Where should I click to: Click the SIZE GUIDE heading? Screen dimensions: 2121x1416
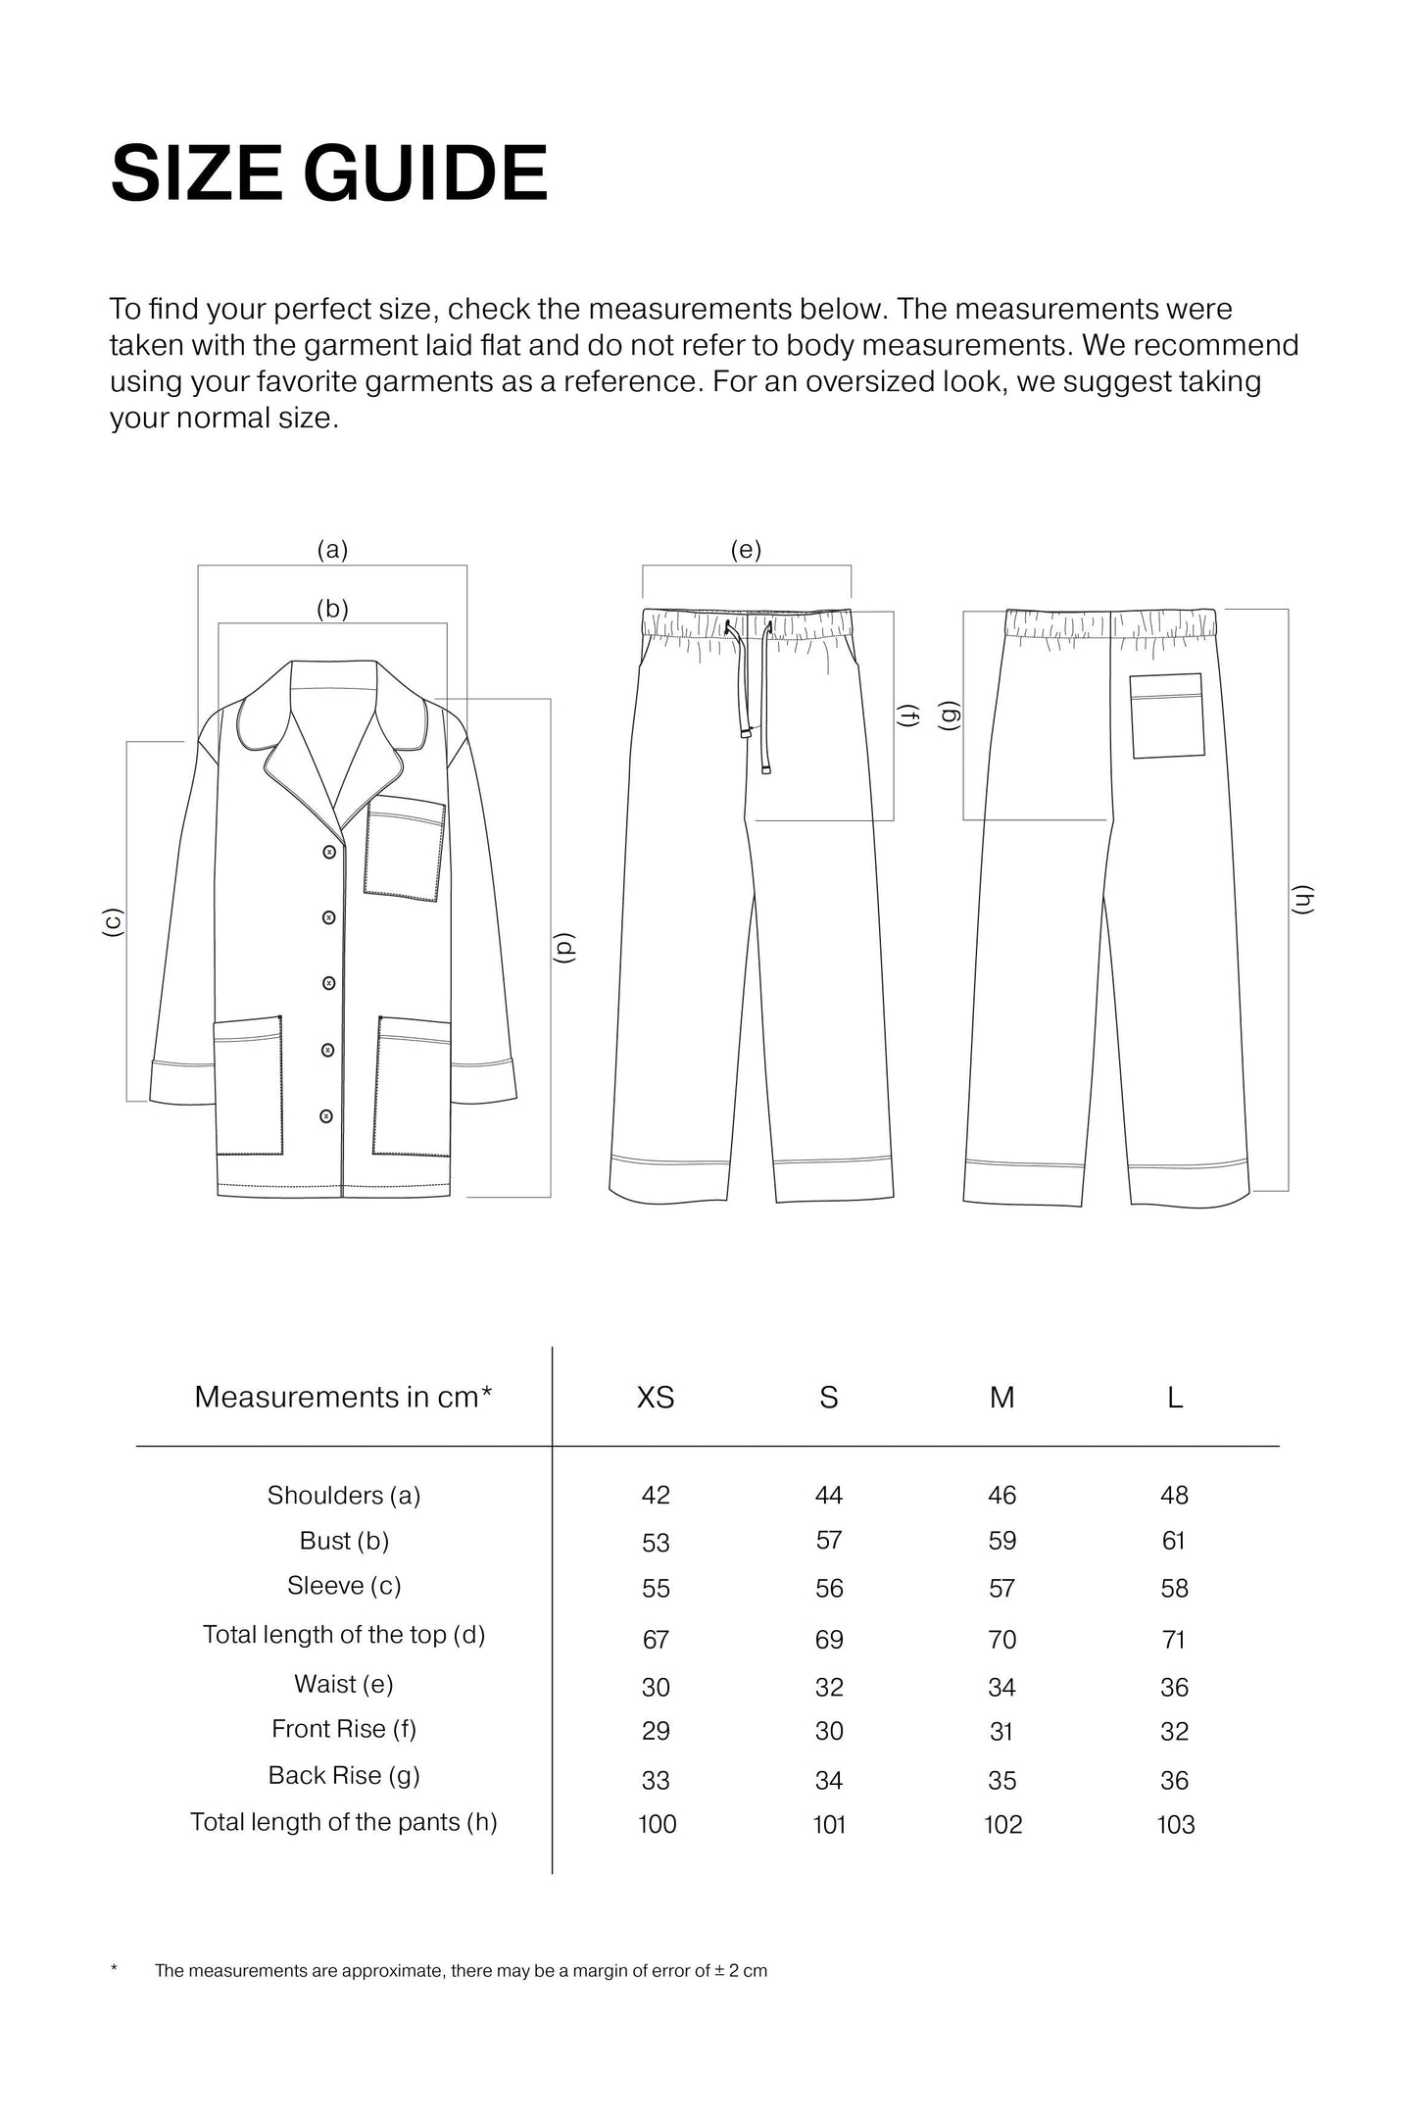point(328,173)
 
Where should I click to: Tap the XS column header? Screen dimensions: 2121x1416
point(656,1397)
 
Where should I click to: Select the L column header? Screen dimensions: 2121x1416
point(1175,1397)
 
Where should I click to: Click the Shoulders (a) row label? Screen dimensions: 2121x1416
point(344,1495)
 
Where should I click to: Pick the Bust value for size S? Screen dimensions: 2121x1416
point(829,1541)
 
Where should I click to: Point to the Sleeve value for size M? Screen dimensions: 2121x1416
point(1001,1588)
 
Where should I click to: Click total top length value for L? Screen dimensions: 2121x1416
point(1174,1639)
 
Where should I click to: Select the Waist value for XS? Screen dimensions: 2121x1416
point(656,1687)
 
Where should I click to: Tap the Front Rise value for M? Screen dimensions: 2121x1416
point(1001,1732)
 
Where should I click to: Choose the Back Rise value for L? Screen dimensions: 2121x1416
point(1174,1780)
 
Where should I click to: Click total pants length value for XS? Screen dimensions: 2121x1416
point(657,1824)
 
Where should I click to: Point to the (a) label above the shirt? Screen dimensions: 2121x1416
point(332,550)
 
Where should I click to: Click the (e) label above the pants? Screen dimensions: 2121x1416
point(746,550)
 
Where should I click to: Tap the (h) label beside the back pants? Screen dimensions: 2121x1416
point(1302,900)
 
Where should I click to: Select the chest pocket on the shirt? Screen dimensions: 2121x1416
point(405,848)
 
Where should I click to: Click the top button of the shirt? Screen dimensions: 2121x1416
point(329,853)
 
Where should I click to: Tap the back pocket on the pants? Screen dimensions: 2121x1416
point(1167,715)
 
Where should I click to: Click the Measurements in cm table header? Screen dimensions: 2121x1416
point(343,1397)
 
